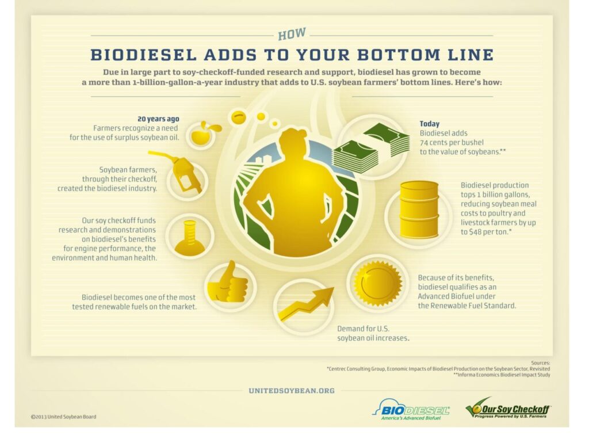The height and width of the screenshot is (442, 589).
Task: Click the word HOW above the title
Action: click(292, 34)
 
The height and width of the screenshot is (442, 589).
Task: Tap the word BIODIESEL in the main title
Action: click(144, 55)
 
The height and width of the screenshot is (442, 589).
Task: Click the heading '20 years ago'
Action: click(158, 119)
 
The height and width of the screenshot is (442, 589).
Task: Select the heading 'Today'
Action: click(429, 124)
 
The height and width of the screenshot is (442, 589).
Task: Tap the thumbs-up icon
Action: click(228, 282)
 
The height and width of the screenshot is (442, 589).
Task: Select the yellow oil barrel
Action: click(419, 209)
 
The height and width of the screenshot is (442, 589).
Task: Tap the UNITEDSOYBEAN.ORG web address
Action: click(292, 391)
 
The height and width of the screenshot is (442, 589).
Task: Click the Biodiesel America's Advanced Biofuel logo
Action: click(411, 409)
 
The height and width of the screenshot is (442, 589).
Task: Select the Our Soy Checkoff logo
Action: click(508, 408)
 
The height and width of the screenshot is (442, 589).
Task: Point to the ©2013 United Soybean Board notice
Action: click(63, 417)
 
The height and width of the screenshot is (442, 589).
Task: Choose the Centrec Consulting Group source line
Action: click(438, 369)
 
